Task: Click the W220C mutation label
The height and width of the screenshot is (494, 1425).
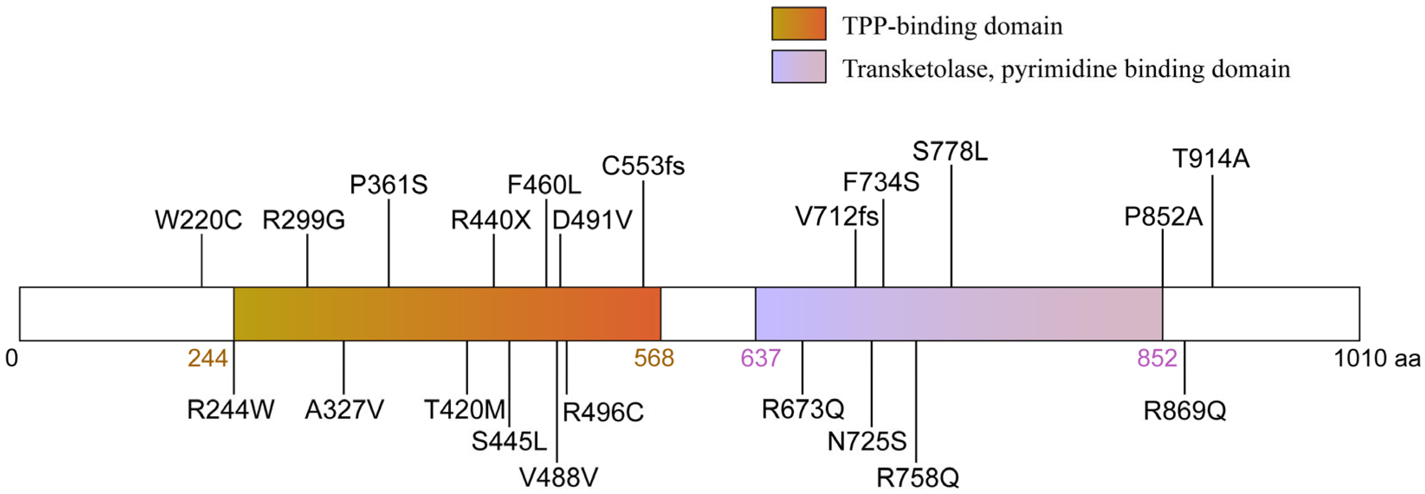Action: (198, 220)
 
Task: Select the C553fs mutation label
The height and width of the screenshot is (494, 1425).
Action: (643, 166)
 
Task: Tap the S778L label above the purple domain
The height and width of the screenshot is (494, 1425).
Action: (950, 151)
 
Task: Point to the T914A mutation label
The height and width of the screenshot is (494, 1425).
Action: (1211, 159)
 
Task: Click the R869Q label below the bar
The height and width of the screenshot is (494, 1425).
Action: (1185, 411)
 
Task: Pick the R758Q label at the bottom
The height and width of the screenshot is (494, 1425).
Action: (918, 477)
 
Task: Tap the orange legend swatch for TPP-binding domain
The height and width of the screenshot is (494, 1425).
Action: (799, 24)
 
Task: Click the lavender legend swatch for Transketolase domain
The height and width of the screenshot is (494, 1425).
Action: (799, 66)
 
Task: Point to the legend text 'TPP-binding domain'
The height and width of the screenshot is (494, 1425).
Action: (952, 26)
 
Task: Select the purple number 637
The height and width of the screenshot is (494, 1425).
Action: (761, 359)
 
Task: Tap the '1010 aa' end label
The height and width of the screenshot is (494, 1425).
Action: (1377, 359)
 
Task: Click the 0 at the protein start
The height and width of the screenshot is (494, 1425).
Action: (12, 359)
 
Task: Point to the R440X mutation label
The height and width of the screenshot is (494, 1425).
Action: (491, 220)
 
